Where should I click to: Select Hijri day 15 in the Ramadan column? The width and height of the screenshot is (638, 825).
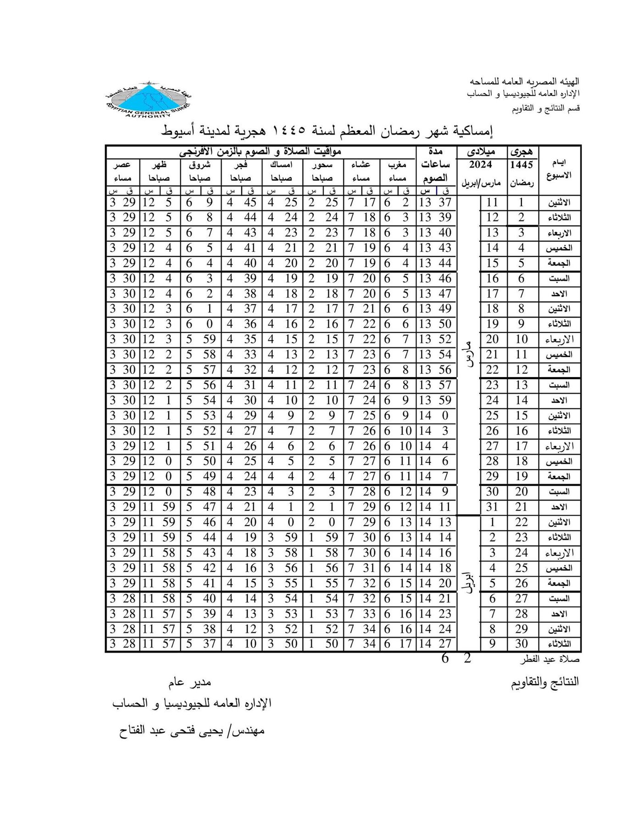tap(521, 416)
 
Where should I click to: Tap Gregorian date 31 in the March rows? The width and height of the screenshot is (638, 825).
tap(492, 507)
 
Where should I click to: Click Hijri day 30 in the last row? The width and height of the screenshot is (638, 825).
tap(521, 644)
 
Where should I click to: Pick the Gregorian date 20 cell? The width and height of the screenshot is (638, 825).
tap(492, 340)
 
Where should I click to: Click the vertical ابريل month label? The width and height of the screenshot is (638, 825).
tap(468, 583)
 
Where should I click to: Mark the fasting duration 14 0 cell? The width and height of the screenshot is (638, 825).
tap(435, 416)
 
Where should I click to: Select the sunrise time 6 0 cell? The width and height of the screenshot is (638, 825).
tap(200, 324)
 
